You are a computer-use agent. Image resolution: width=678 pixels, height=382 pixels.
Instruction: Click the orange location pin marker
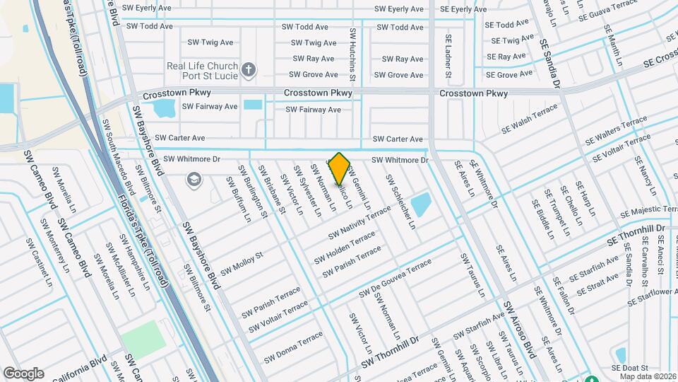(340, 168)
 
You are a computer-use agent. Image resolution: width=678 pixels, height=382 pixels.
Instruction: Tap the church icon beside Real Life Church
(247, 69)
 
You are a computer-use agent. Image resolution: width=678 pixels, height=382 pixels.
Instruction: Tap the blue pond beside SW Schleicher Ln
(421, 205)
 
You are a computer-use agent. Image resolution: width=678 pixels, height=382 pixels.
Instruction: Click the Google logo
(23, 373)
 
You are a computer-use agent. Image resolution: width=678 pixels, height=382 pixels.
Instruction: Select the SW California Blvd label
(76, 369)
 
